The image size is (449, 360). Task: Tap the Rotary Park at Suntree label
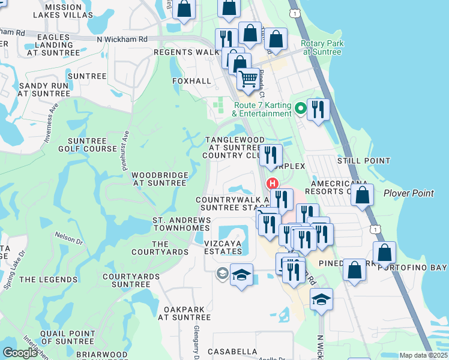click(x=321, y=47)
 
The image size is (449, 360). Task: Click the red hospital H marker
click(x=273, y=184)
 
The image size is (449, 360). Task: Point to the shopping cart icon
click(x=248, y=79)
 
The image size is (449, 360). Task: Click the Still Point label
click(x=364, y=161)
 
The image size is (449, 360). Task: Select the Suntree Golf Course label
click(x=88, y=144)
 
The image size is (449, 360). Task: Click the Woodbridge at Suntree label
click(x=160, y=178)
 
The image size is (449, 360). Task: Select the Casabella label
click(x=232, y=351)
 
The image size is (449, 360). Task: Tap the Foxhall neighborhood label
click(x=191, y=81)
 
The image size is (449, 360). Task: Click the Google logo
click(x=20, y=353)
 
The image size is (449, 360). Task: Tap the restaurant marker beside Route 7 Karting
click(x=318, y=109)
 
